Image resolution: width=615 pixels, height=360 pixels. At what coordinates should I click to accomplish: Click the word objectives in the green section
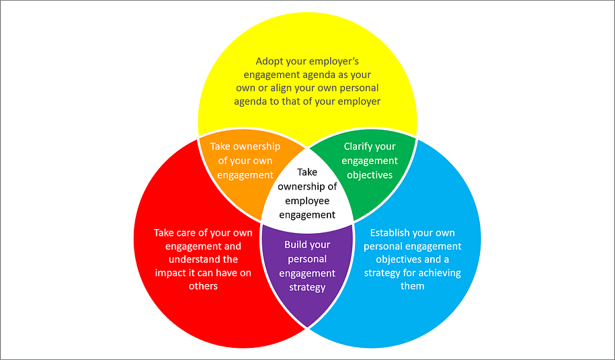click(x=369, y=175)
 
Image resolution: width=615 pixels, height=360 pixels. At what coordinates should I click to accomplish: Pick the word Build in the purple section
click(x=297, y=245)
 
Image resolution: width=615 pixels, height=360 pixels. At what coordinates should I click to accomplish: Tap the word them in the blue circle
click(x=413, y=286)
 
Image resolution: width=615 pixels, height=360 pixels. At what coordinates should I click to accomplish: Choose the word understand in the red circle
click(x=204, y=259)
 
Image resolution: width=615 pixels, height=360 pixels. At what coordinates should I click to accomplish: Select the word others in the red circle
click(x=204, y=286)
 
